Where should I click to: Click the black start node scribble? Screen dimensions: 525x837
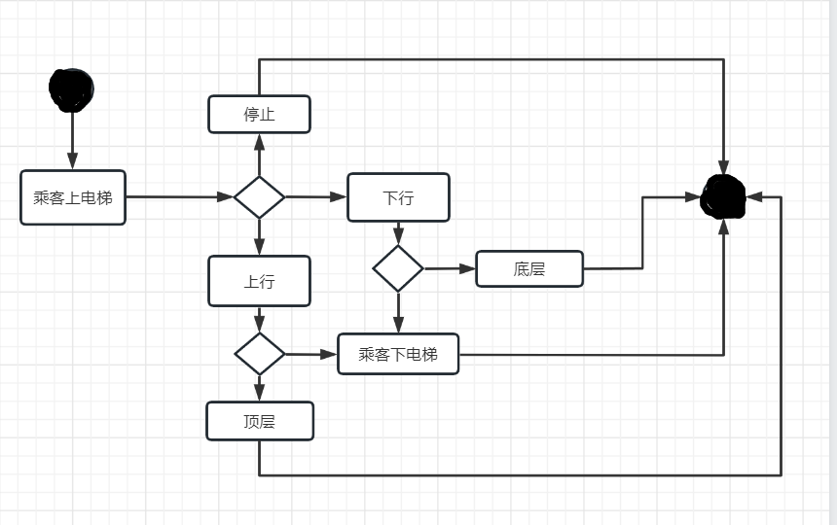coord(71,89)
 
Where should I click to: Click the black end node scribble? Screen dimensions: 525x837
coord(723,197)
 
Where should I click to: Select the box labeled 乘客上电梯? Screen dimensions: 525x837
coord(73,197)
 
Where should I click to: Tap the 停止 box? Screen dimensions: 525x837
coord(259,114)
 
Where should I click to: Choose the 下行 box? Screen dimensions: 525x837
coord(398,197)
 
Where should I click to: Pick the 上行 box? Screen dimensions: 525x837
coord(259,281)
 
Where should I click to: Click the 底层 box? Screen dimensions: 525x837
coord(529,268)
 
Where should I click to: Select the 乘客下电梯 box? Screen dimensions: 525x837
coord(398,354)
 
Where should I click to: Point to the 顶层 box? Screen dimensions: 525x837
coord(260,421)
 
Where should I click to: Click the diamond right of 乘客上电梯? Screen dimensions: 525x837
coord(259,197)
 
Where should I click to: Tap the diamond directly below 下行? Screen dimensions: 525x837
coord(398,268)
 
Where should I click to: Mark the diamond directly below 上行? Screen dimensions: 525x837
coord(260,354)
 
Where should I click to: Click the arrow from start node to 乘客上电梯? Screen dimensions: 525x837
coord(71,141)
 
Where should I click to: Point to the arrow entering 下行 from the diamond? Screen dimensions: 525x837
coord(316,197)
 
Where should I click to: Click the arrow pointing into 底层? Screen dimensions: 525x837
coord(450,268)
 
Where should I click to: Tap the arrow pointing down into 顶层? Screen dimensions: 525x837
coord(260,388)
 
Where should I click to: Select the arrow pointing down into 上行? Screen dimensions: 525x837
coord(259,237)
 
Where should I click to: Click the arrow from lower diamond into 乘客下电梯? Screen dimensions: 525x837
coord(311,354)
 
